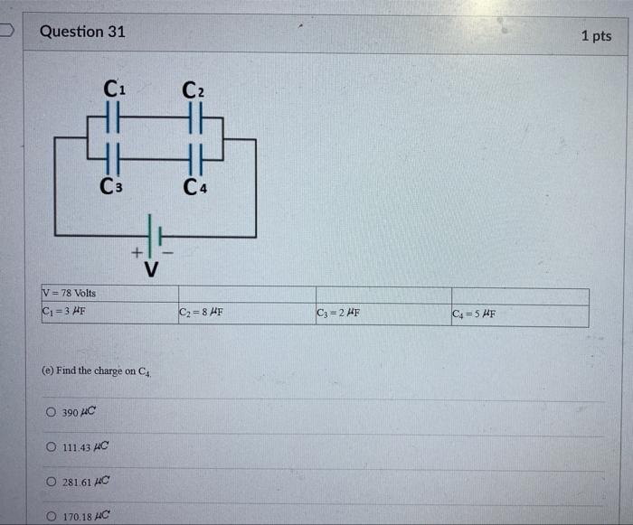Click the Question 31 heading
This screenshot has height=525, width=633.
point(82,32)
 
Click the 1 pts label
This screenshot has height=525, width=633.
point(596,36)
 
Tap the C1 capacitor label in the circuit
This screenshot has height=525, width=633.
point(115,89)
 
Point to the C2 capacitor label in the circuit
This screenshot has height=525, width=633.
point(193,90)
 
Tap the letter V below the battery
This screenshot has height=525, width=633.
point(151,268)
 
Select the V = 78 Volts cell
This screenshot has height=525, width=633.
point(69,294)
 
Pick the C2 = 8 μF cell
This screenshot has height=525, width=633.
point(201,314)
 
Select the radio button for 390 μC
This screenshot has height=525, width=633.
point(51,413)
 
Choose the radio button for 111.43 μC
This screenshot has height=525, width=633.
point(51,447)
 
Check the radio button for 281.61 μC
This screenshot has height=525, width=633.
point(51,483)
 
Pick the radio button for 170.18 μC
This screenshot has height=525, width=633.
point(51,516)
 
